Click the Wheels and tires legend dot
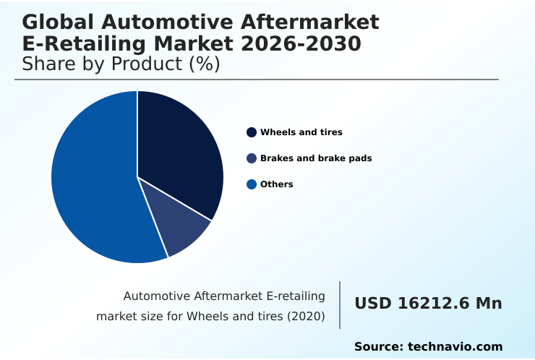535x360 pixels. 252,132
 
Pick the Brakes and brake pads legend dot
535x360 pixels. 252,158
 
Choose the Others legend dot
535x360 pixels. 252,184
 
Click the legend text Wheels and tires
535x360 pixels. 301,132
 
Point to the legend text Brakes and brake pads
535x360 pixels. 316,158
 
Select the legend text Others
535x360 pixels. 277,184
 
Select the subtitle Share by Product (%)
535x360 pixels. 121,64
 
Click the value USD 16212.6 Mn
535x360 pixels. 428,304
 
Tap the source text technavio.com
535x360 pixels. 455,347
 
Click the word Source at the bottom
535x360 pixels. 378,347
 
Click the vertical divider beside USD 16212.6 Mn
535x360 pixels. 340,305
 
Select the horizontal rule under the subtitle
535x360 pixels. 257,80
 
